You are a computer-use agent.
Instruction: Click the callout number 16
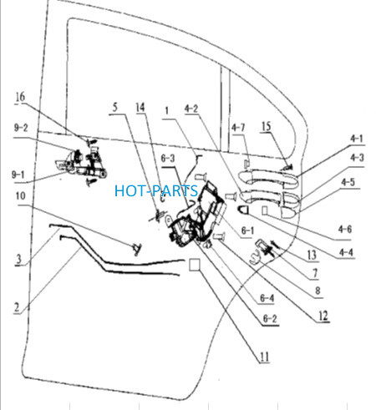(20, 97)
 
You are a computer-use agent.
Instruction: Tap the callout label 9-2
(21, 128)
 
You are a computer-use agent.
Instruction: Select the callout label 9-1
(18, 175)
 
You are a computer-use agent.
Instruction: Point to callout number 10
(21, 196)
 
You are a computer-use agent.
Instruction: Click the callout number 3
(18, 259)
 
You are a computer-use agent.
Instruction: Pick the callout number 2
(17, 307)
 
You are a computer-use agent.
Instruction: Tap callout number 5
(114, 107)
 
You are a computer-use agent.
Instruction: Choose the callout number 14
(140, 107)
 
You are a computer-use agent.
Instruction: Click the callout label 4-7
(238, 128)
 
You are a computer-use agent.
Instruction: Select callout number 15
(267, 126)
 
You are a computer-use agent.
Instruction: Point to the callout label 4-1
(357, 139)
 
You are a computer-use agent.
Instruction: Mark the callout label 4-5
(348, 182)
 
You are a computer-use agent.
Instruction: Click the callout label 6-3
(168, 158)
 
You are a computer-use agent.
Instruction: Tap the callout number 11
(264, 357)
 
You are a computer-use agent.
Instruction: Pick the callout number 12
(323, 316)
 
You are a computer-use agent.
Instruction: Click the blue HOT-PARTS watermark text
(156, 190)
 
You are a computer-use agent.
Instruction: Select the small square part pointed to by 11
(195, 265)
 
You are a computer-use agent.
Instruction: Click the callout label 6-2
(270, 318)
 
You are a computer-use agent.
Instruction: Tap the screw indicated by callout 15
(287, 168)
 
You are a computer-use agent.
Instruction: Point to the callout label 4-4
(346, 252)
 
